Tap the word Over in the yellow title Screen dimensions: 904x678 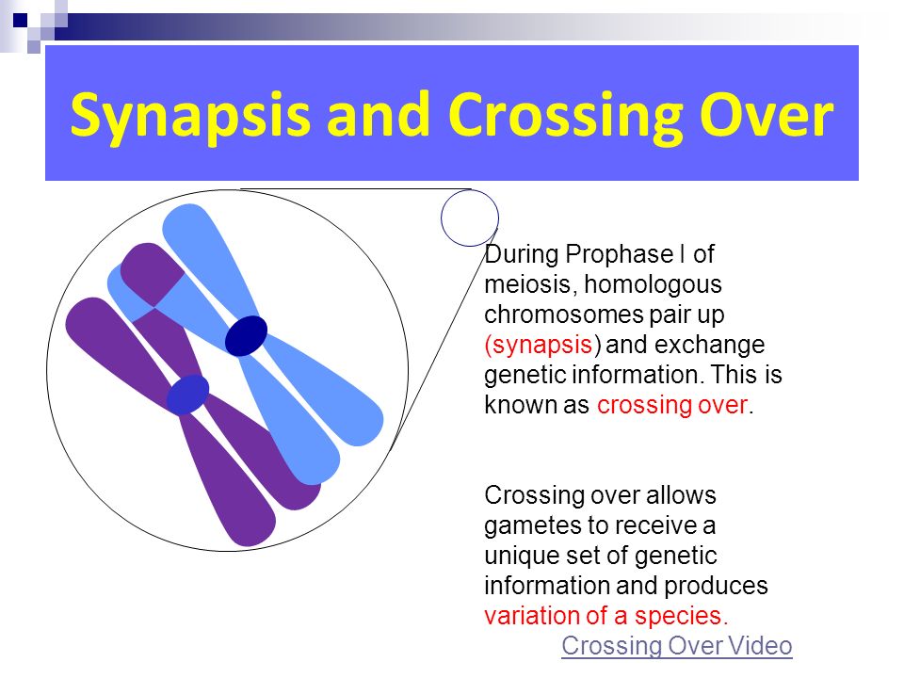pos(767,115)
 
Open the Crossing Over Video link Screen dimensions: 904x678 pos(677,646)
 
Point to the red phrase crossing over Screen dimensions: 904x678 pos(672,405)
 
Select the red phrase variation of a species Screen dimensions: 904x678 pos(605,616)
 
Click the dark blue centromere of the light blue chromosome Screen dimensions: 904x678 pos(246,335)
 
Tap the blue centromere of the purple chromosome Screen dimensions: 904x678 pos(188,395)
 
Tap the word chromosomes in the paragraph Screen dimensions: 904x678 pos(564,315)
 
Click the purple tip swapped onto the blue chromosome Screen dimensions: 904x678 pos(151,273)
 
